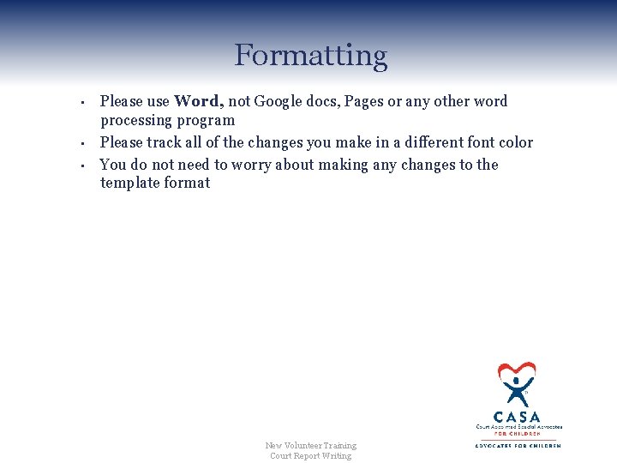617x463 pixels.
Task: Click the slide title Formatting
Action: [310, 56]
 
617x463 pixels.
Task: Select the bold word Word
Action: [198, 101]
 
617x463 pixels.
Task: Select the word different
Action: [421, 142]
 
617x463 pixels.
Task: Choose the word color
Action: [514, 142]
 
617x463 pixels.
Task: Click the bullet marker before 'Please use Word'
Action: [80, 104]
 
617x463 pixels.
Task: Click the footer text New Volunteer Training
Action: [310, 445]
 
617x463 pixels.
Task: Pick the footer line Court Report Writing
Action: [310, 455]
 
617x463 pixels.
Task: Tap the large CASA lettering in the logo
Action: [518, 417]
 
